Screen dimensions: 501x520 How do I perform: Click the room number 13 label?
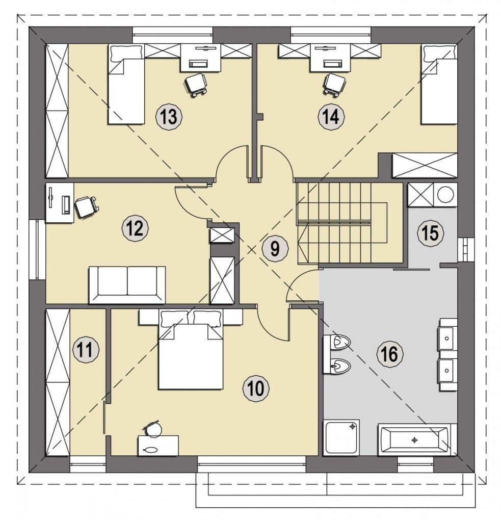coord(169,117)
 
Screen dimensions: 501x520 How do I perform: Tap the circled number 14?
coord(331,117)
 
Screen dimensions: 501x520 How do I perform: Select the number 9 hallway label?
coord(275,248)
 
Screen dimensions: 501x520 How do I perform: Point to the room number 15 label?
coord(431,232)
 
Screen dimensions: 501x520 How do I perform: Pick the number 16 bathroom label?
coord(390,354)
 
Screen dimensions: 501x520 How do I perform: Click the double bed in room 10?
coord(191,349)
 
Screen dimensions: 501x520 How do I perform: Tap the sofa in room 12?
coord(127,285)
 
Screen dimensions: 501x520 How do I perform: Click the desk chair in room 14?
coord(333,85)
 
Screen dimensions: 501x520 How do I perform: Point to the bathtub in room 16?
coord(414,440)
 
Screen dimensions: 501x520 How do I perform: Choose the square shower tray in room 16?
coord(341,438)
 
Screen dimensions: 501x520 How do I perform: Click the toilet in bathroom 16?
coord(337,342)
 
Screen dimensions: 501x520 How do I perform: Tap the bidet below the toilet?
coord(337,366)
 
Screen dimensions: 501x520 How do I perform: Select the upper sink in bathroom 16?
coord(448,339)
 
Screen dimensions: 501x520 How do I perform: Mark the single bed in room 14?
coord(439,85)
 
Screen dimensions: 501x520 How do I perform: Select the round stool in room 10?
coord(153,429)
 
